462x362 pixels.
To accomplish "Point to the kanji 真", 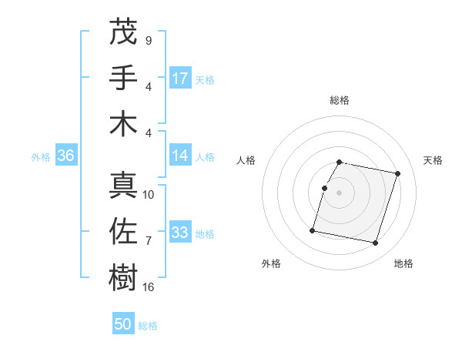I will tap(124, 184).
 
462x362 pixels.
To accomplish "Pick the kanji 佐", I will tap(124, 231).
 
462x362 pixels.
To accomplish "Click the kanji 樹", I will tap(124, 277).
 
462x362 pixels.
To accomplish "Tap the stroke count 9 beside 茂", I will tap(148, 40).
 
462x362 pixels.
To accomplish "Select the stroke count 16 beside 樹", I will tap(149, 287).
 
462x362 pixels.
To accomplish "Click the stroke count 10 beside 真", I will tap(149, 194).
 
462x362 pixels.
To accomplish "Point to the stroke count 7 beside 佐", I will tap(148, 241).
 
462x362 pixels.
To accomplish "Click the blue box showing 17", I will tap(180, 79).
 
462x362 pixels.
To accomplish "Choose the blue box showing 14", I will tap(180, 156).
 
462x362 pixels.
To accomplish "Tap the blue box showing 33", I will tap(180, 233).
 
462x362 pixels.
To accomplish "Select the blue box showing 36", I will tap(65, 156).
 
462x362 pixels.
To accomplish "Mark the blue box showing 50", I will tap(123, 325).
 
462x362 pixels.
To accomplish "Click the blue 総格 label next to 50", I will tap(148, 326).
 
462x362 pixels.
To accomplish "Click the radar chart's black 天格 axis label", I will tap(433, 160).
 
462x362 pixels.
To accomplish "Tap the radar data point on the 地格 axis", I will tap(375, 243).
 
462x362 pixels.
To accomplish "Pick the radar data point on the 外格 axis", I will tap(313, 230).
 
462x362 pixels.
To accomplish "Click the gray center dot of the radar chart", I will tap(339, 193).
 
